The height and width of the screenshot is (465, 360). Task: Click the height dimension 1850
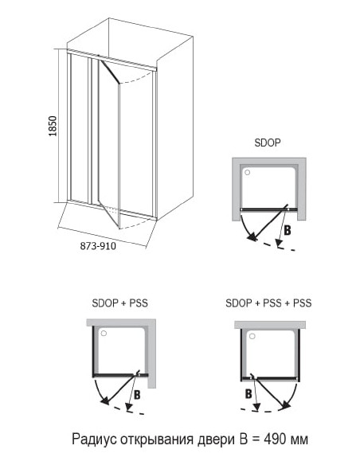coord(53,127)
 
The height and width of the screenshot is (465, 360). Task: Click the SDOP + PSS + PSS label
coord(268,303)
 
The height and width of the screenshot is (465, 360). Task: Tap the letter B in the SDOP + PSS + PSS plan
coord(248,393)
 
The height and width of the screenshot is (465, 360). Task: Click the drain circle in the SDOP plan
coord(247,171)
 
